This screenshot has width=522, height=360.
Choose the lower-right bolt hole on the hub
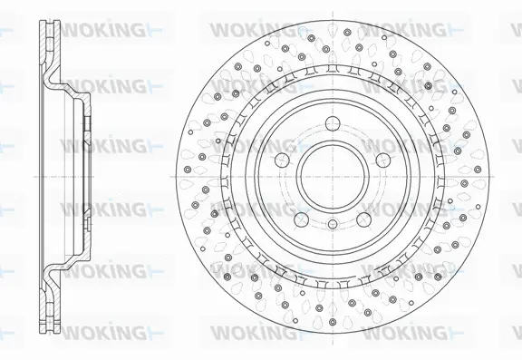[x=362, y=215]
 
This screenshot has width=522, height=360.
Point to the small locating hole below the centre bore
[x=332, y=224]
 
